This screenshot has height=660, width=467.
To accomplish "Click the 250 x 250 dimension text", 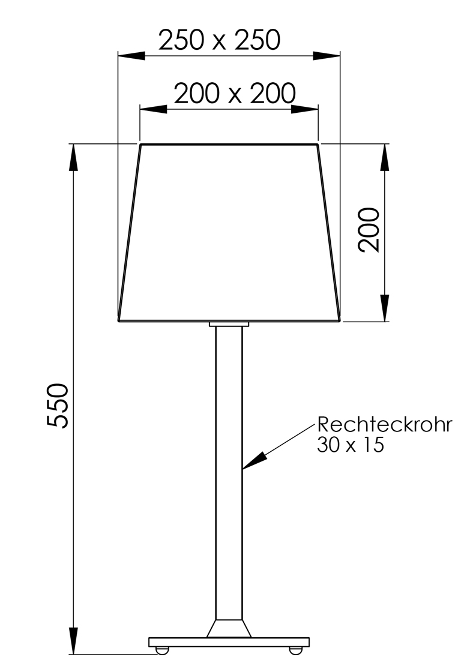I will coord(219,41).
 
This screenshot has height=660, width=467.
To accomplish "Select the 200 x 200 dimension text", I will coord(235,94).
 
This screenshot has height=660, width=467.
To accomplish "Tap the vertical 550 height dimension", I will coord(59,405).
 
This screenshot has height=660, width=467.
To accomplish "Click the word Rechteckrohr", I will coord(384,425).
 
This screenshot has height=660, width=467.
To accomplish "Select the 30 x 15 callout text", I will coord(350,445).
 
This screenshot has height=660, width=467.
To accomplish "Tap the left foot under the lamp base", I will coord(162,650).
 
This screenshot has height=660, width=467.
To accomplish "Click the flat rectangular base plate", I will coord(229,642).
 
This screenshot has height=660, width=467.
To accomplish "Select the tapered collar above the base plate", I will coord(229,628).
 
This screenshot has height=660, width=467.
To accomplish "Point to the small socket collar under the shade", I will coord(229,324).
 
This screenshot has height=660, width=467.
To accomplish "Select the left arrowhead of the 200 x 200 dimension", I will coord(153,109).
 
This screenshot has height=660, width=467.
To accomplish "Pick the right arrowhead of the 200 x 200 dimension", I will coord(304,109).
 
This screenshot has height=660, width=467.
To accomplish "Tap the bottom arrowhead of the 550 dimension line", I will coord(73,640).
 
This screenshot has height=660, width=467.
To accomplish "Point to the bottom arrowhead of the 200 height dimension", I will coord(385,308).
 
